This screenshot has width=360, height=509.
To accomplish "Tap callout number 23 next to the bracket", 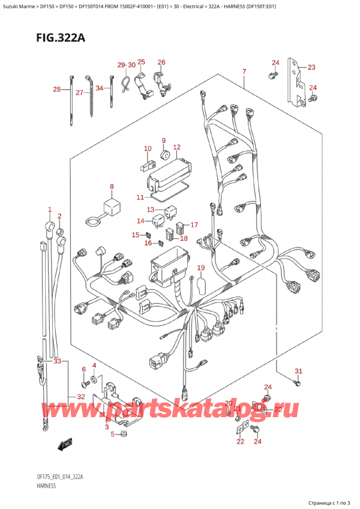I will (311, 67).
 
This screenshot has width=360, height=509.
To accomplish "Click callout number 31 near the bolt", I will (298, 370).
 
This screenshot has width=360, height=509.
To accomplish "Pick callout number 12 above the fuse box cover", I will (176, 147).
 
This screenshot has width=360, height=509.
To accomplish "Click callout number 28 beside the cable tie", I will (56, 89).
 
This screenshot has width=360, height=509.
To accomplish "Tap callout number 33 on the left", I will (57, 361).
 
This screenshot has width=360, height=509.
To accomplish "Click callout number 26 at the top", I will (161, 62).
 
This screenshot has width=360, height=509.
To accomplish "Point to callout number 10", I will (148, 148).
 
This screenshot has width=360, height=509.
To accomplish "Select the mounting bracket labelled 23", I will (295, 81).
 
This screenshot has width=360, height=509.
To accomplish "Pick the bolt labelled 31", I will (296, 382).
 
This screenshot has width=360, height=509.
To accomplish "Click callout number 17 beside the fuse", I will (194, 225).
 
